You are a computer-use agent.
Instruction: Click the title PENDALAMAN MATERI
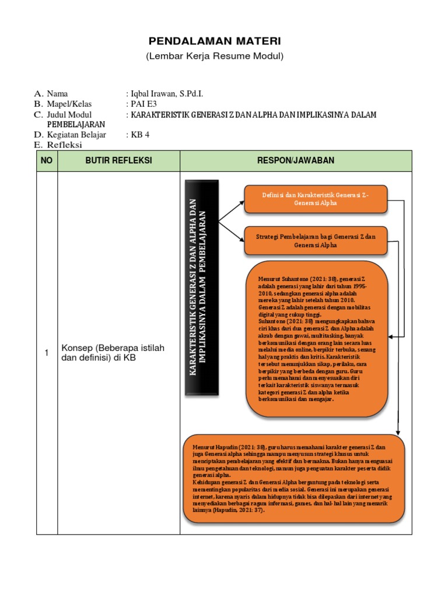(x=215, y=41)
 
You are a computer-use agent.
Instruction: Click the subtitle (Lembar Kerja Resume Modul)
(x=215, y=56)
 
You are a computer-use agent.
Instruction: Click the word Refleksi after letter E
(x=65, y=145)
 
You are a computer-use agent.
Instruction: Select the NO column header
(x=47, y=160)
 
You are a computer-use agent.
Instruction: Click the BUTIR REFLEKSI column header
(x=118, y=160)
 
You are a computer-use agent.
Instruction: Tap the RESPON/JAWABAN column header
(x=296, y=160)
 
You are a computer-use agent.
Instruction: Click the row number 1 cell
(x=47, y=353)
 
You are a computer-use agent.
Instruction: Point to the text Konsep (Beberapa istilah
(x=113, y=348)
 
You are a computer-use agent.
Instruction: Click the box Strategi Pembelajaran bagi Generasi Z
(x=316, y=241)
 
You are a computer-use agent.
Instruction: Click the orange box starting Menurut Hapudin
(x=295, y=477)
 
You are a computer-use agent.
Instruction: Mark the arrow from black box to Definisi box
(x=232, y=211)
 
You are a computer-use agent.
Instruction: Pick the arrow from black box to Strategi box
(x=232, y=231)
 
